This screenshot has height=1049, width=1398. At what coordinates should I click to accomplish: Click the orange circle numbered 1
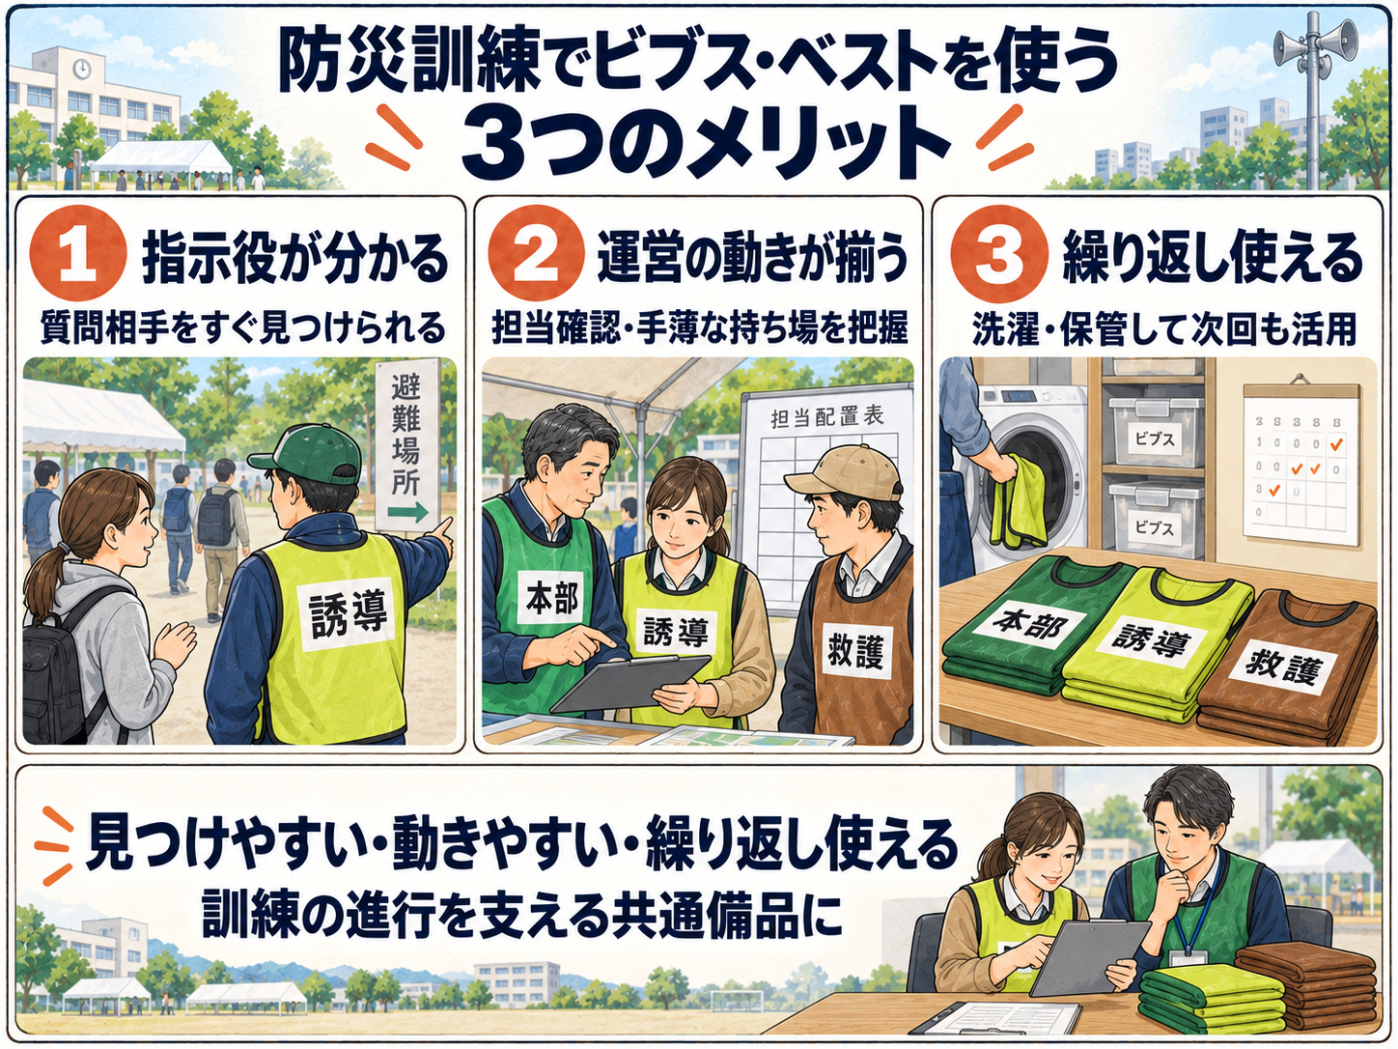pyautogui.click(x=77, y=253)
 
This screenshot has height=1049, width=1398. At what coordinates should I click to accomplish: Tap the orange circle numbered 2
pyautogui.click(x=536, y=253)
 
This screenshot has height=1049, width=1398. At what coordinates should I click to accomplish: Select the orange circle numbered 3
pyautogui.click(x=998, y=253)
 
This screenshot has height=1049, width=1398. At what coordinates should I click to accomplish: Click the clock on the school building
pyautogui.click(x=81, y=69)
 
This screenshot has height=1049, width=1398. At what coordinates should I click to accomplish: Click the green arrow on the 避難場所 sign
pyautogui.click(x=408, y=511)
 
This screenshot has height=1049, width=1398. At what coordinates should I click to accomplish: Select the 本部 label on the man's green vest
pyautogui.click(x=552, y=599)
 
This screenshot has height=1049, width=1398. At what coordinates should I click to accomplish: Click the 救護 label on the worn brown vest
pyautogui.click(x=856, y=652)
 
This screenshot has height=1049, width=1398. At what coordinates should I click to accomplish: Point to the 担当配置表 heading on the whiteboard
pyautogui.click(x=826, y=417)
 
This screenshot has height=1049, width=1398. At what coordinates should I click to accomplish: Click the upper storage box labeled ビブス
pyautogui.click(x=1155, y=433)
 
